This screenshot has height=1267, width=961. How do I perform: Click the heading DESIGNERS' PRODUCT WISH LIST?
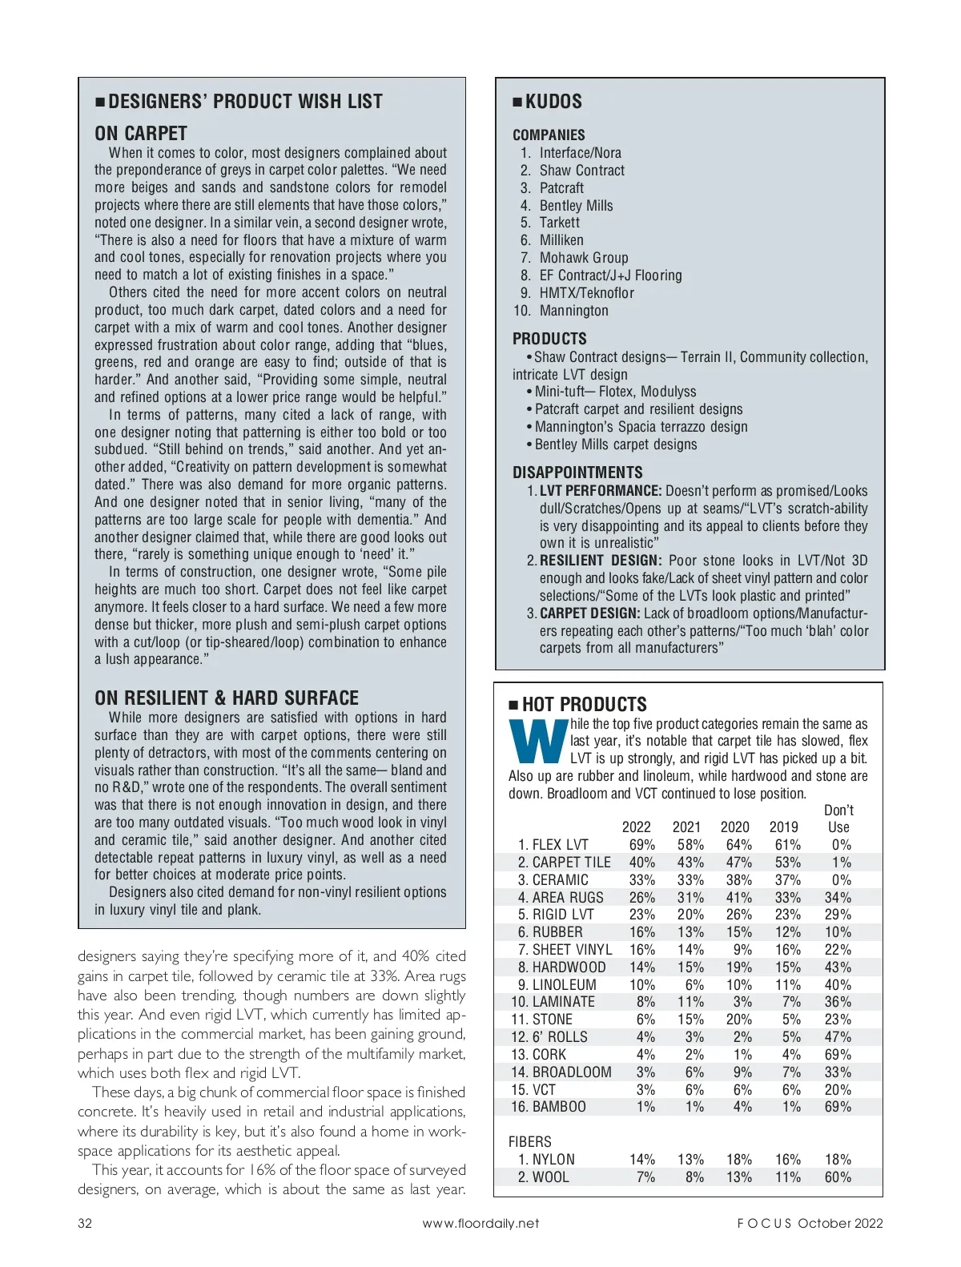(x=245, y=102)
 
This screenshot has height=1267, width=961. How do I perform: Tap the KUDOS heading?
(x=553, y=102)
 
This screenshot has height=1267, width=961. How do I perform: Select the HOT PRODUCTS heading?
(x=584, y=705)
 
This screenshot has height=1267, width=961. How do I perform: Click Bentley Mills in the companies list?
(x=576, y=205)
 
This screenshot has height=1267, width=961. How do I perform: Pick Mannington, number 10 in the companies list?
(x=573, y=311)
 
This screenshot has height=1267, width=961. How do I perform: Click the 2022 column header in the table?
(x=637, y=827)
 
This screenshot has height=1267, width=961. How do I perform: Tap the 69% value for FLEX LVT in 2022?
(x=642, y=845)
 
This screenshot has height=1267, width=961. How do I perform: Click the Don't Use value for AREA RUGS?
(x=838, y=898)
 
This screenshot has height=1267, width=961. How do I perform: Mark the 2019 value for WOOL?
(x=788, y=1177)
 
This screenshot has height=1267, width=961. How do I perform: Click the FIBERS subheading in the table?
(x=530, y=1142)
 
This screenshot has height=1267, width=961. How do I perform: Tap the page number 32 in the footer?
(x=85, y=1223)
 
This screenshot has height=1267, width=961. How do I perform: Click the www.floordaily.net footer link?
(x=480, y=1223)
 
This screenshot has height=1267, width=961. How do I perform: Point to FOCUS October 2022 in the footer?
(x=810, y=1223)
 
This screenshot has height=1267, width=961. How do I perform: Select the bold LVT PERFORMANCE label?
(x=601, y=491)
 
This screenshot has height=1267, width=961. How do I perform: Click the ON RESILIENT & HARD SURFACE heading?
(x=227, y=698)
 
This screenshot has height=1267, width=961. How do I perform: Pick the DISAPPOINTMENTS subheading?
(x=577, y=473)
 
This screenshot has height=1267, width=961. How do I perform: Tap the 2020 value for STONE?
(x=739, y=1020)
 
